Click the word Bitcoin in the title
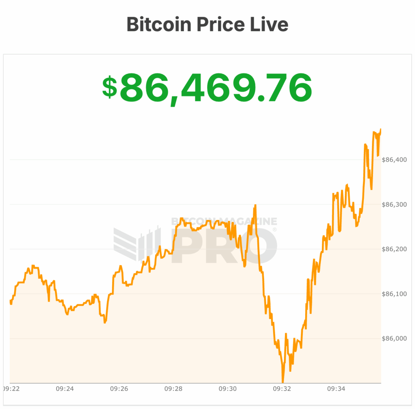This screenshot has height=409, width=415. pos(158,24)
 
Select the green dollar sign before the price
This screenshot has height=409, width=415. pos(109,87)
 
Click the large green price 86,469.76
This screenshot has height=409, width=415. pos(216,88)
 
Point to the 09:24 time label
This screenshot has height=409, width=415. pos(64,389)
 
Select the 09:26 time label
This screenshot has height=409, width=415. pos(119,389)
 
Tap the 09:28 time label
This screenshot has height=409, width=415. pos(173,389)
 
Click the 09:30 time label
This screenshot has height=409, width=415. pos(227,389)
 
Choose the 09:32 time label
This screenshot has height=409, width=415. pos(282,389)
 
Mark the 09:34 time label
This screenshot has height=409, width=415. pos(336,389)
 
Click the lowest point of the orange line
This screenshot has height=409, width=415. pos(282,381)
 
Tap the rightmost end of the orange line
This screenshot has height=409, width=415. pos(381,129)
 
